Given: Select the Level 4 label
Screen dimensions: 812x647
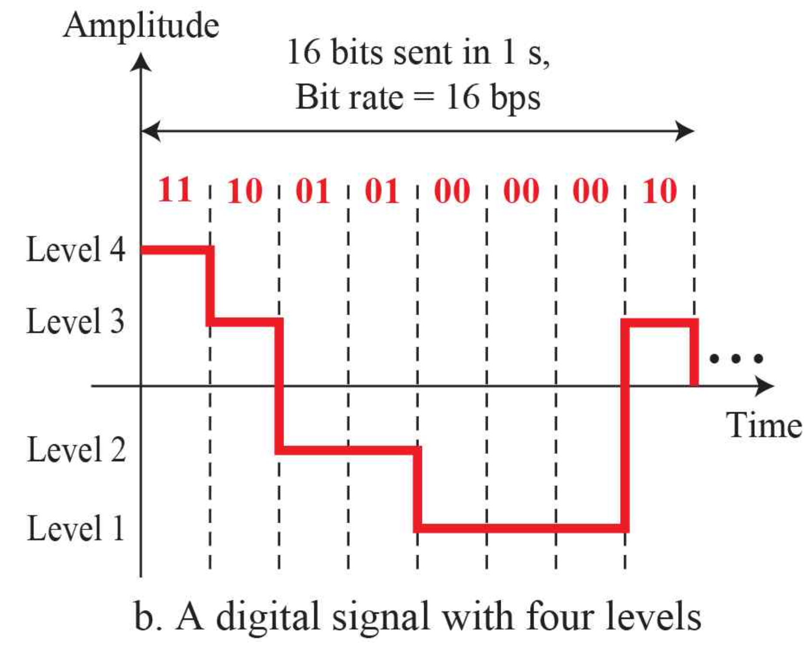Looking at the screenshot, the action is [76, 249].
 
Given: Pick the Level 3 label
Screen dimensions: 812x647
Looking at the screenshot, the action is [76, 321].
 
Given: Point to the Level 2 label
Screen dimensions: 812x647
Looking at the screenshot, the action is [76, 449].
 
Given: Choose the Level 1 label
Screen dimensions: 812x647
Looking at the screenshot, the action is [76, 528].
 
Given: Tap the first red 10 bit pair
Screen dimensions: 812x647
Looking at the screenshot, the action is [244, 191].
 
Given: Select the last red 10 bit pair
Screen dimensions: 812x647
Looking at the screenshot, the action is [660, 191].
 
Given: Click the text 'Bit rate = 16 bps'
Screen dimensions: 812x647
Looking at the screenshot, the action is [418, 97].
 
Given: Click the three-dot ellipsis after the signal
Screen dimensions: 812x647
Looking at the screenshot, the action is [736, 359].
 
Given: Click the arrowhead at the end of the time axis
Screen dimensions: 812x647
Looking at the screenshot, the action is [765, 386].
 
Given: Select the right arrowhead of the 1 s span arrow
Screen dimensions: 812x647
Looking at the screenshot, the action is [685, 131].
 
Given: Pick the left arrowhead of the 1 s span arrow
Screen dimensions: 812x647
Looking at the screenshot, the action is [150, 131].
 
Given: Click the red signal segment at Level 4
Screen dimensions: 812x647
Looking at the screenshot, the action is [175, 250].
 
